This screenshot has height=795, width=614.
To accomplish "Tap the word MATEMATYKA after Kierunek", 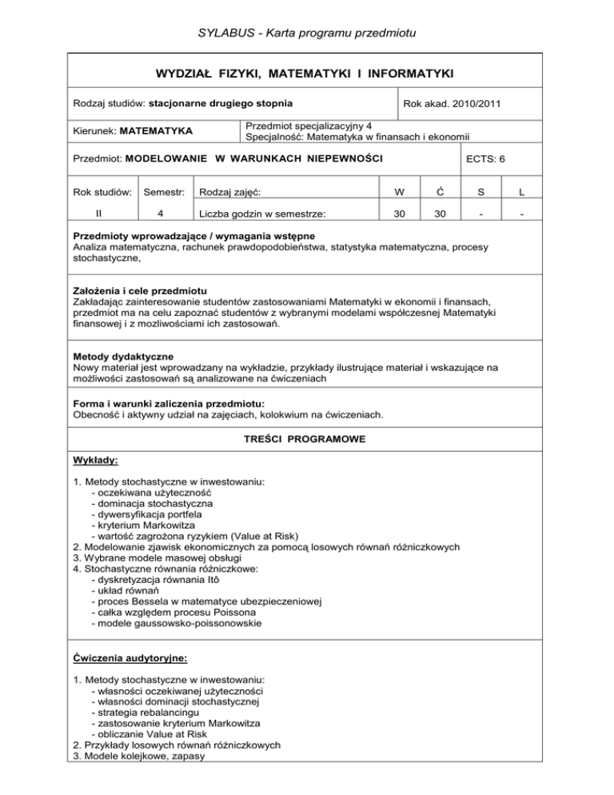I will pos(157,130).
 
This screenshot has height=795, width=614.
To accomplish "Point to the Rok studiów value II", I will pos(98,215).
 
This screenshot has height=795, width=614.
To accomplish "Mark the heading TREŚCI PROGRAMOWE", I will pos(307,440).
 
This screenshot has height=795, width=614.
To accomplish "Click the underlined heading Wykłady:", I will pos(96,461).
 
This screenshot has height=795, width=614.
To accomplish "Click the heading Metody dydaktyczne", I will pos(124,355).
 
